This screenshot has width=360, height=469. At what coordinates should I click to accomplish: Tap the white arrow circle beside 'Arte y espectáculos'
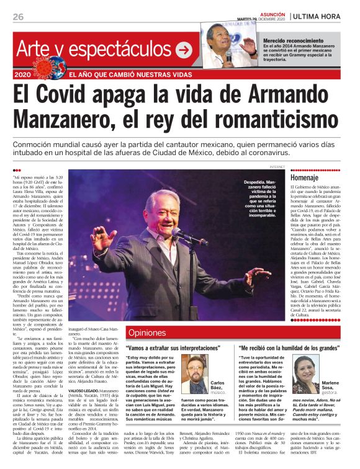(184, 50)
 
